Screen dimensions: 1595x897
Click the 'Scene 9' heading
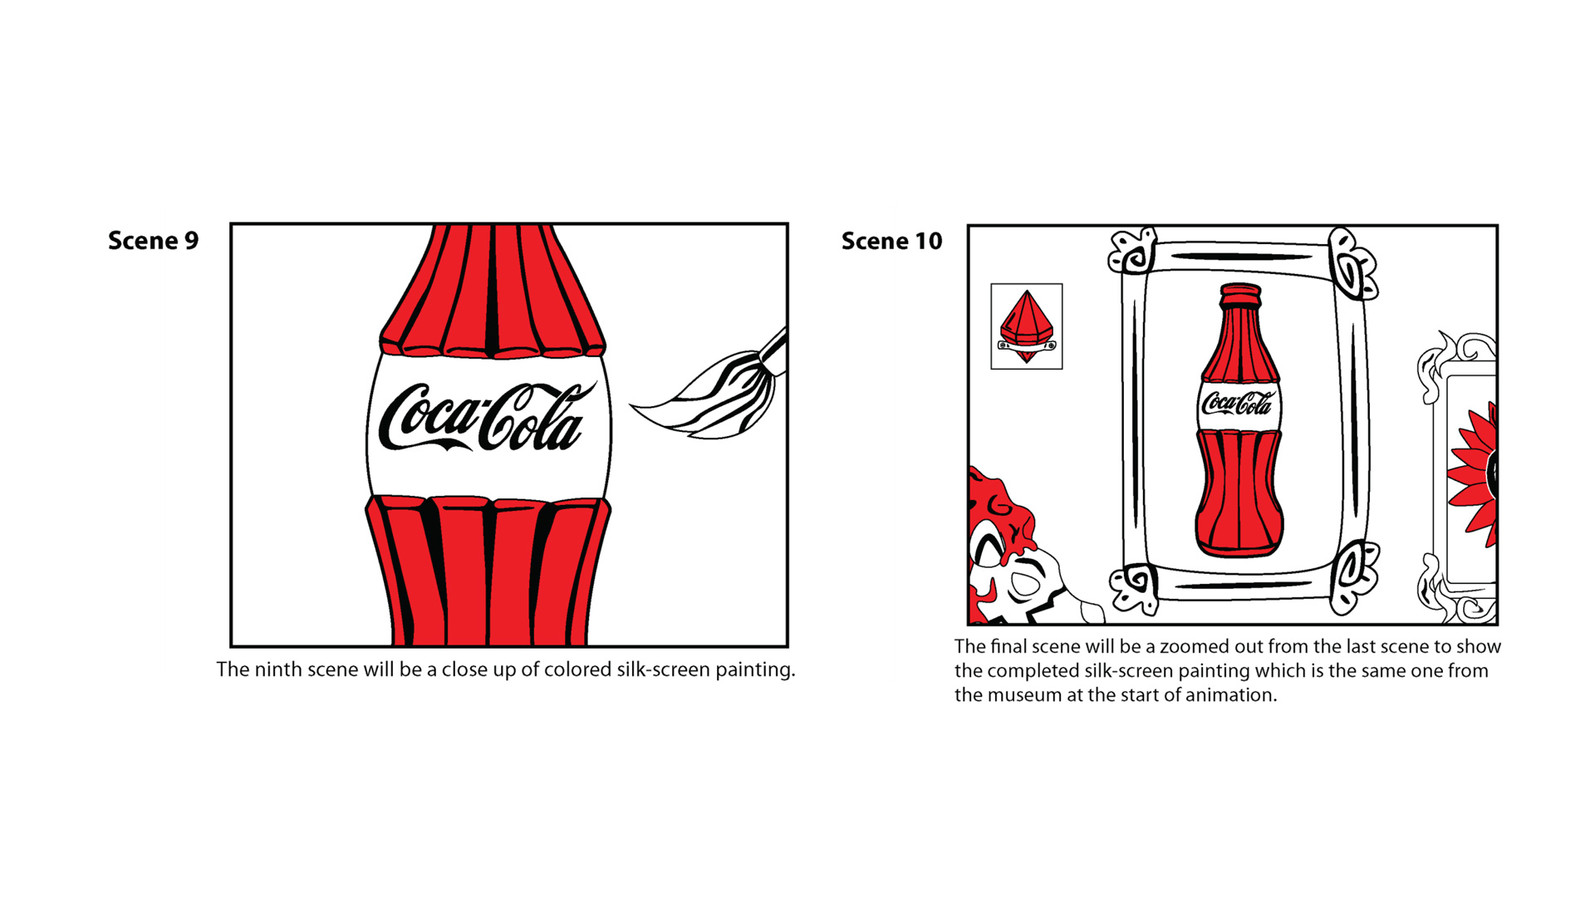154,241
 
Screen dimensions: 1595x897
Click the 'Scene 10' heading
891,241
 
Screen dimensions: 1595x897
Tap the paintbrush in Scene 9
710,386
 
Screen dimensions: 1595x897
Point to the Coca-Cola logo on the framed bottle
1237,404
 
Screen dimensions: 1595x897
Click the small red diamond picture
1027,326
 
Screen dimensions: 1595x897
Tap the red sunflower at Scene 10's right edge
1474,473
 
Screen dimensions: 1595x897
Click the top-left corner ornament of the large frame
1132,251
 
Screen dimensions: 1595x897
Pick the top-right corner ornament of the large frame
1352,263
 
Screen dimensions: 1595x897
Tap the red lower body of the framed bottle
1239,493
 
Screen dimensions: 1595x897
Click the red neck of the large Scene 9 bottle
493,291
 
